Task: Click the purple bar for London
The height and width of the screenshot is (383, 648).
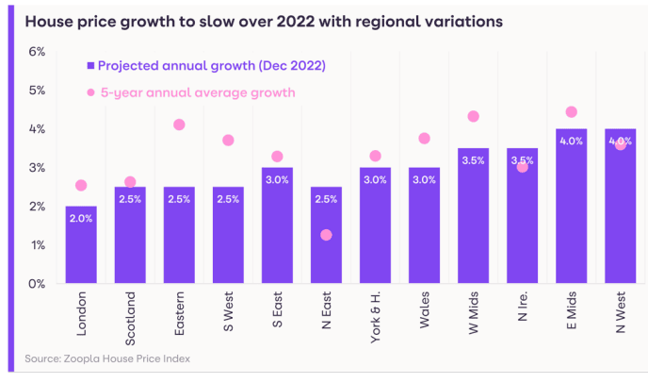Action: click(81, 245)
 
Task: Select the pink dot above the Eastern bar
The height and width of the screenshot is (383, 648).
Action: click(179, 125)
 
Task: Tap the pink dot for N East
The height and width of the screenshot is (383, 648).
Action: click(326, 235)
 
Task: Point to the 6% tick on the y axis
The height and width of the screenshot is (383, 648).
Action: click(36, 51)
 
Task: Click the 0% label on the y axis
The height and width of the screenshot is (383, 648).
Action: click(36, 284)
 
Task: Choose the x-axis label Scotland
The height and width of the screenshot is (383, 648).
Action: click(130, 320)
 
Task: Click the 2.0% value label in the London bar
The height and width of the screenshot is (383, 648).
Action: click(81, 219)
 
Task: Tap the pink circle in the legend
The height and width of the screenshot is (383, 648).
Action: click(91, 92)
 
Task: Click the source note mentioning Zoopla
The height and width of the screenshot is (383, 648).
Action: click(107, 358)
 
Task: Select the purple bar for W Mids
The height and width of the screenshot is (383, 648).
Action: click(473, 217)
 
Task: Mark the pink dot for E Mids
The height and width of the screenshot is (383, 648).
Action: click(571, 111)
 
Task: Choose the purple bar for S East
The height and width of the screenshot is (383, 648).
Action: click(277, 226)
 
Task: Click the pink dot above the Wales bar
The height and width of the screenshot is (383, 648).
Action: click(424, 139)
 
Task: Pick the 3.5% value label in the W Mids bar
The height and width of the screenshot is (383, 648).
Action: click(473, 160)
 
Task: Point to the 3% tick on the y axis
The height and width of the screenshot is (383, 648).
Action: click(36, 168)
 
